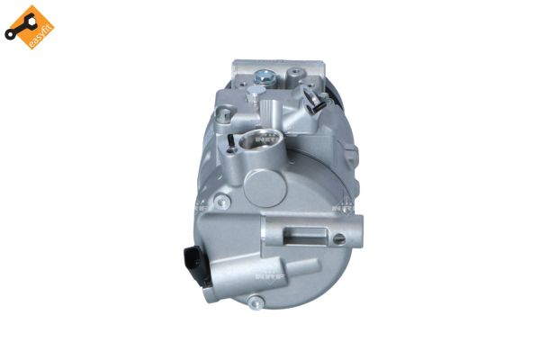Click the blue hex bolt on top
pos(259,78)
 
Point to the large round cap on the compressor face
pos(267,188)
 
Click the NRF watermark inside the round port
pos(267,139)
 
